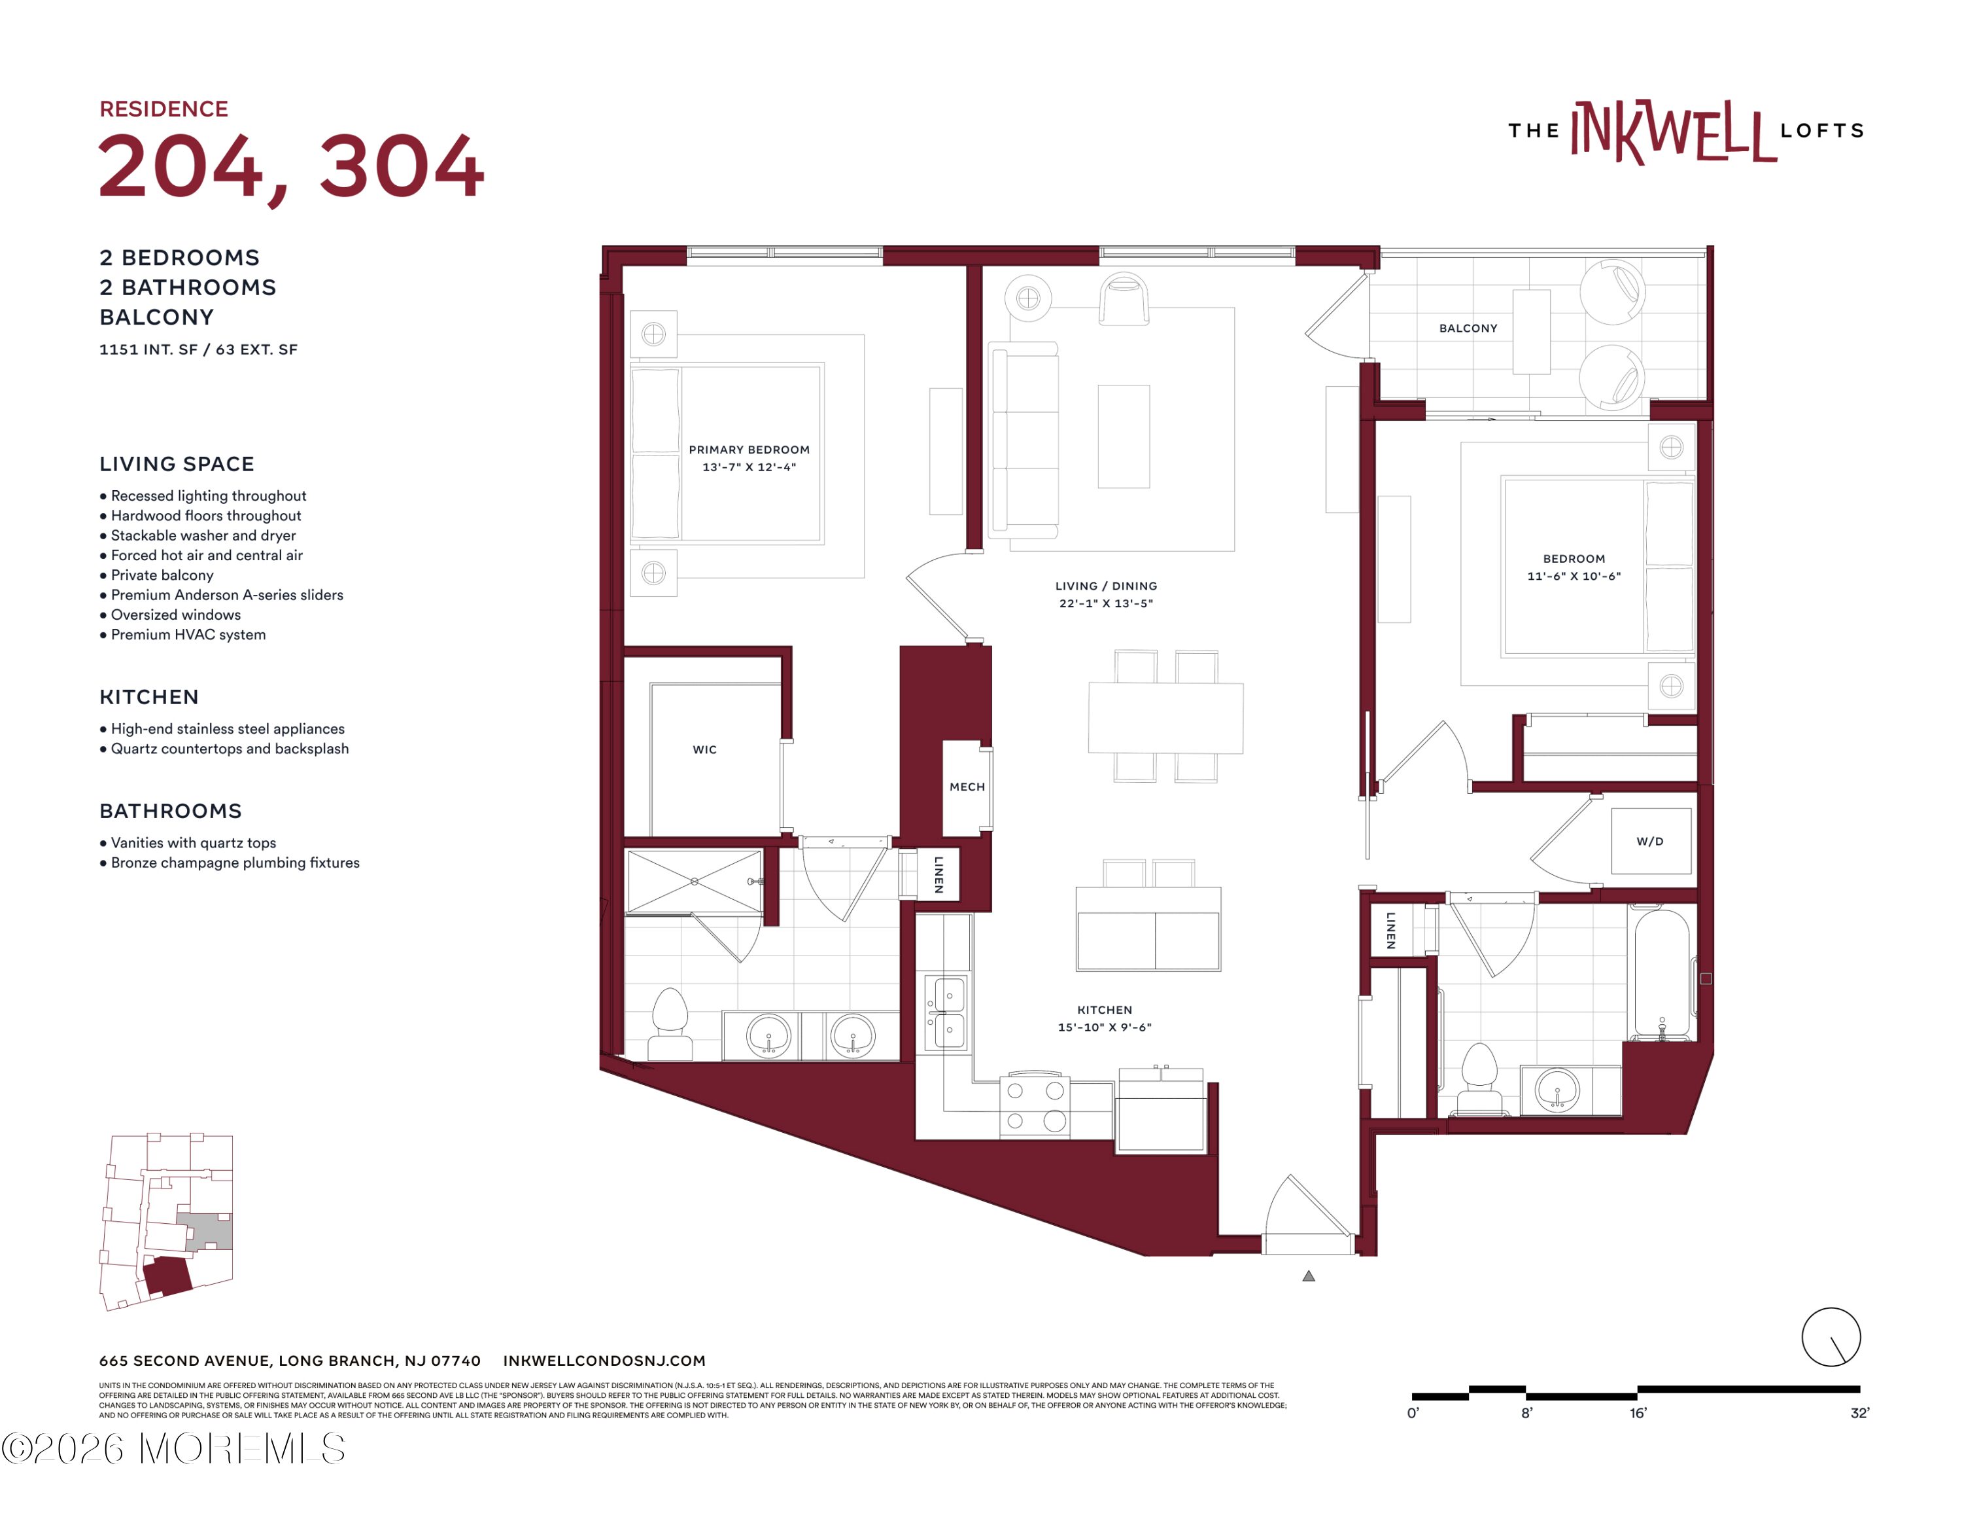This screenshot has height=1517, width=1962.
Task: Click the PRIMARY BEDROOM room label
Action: tap(749, 450)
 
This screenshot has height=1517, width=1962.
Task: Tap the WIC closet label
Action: tap(704, 749)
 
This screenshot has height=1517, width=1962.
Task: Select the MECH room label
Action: tap(967, 787)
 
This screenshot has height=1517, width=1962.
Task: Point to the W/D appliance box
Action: tap(1650, 841)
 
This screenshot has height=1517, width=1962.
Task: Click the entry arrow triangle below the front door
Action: tap(1309, 1276)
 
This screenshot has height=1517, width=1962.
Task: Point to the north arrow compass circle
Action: tap(1831, 1337)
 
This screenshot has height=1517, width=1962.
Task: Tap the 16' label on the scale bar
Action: tap(1638, 1414)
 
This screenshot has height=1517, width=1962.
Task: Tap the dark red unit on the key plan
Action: tap(168, 1276)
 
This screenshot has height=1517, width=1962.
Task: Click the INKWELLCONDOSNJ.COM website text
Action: tap(604, 1361)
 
